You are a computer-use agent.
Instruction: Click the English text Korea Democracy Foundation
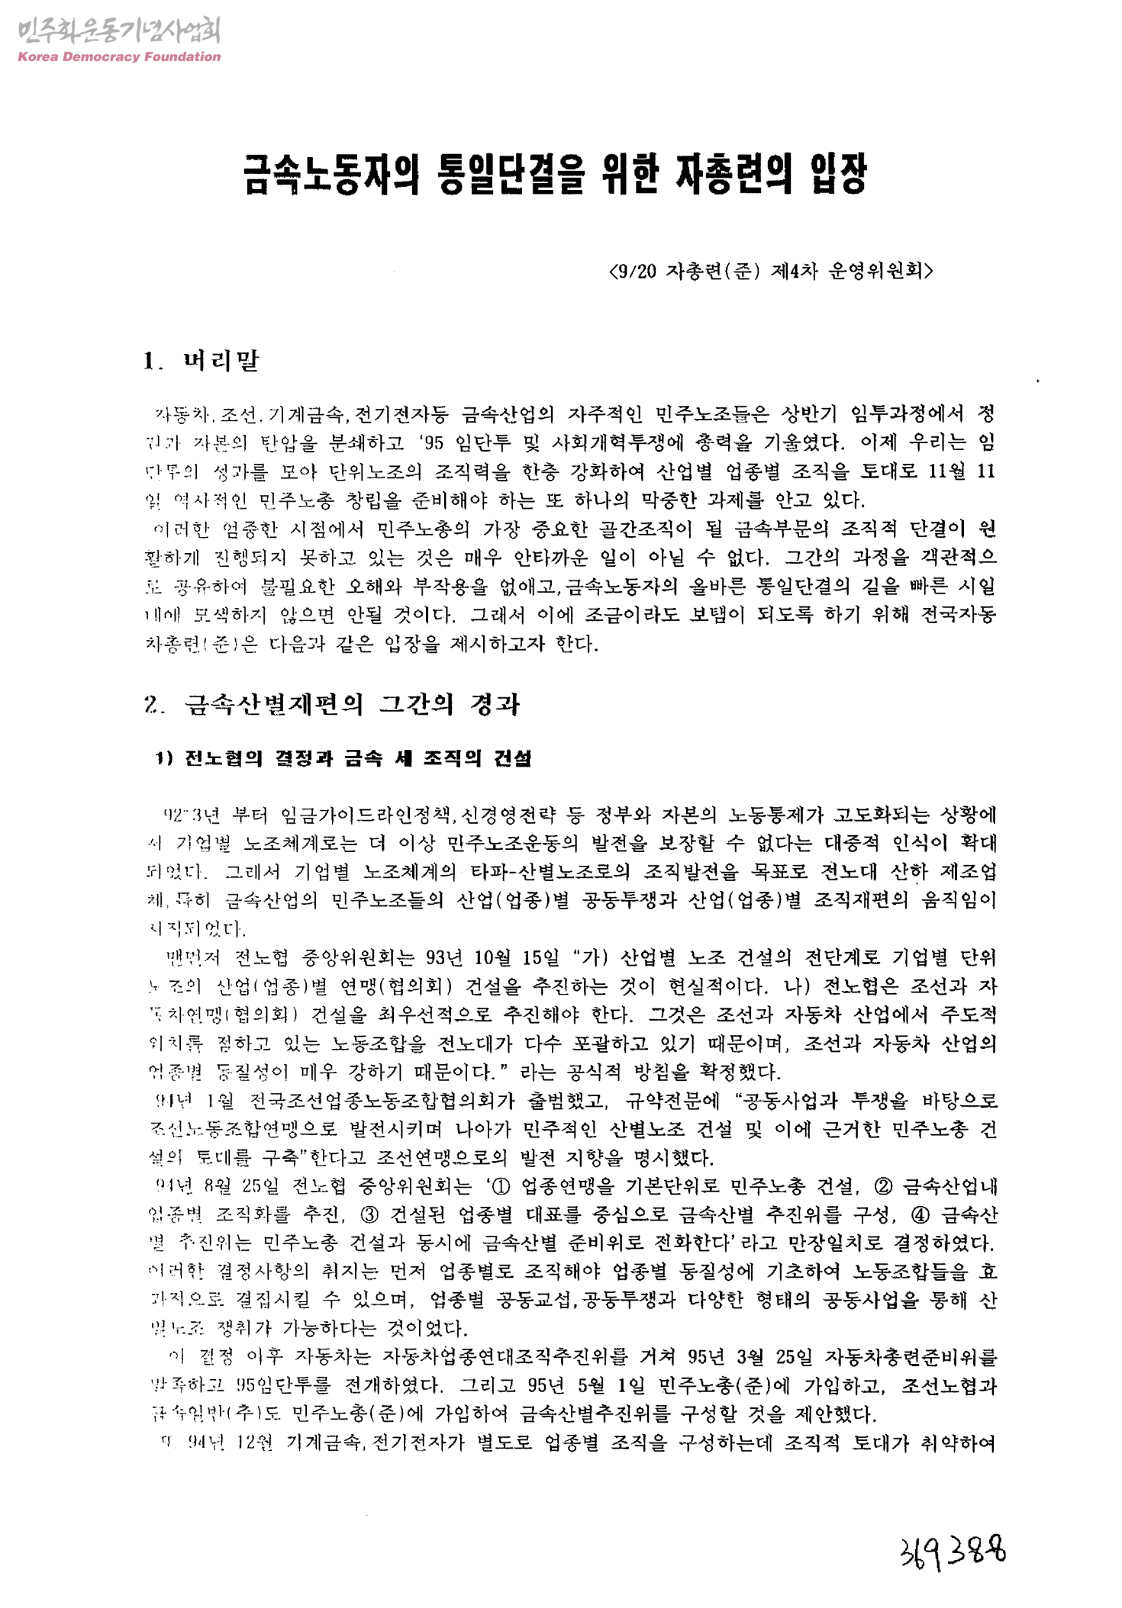pos(118,56)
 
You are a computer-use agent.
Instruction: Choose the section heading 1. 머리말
pos(202,360)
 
